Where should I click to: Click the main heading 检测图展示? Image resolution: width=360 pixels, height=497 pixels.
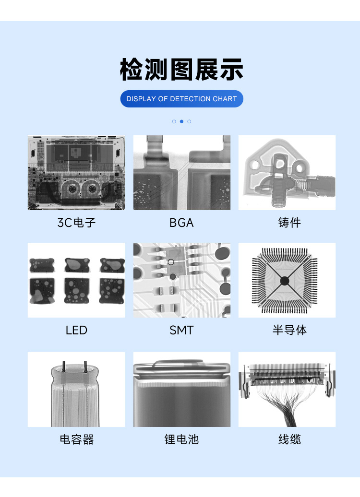181,70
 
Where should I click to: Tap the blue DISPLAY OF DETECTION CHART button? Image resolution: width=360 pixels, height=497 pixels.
181,99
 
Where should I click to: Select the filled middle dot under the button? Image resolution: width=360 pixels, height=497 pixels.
181,121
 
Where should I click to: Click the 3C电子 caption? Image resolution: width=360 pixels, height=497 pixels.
76,223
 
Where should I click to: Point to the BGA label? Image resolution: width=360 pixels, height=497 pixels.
181,223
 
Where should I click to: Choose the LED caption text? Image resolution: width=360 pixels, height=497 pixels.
76,330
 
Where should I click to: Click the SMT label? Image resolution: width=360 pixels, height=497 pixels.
181,330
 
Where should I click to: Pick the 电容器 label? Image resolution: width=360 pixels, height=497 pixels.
76,439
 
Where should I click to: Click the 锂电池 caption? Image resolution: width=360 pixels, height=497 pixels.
181,439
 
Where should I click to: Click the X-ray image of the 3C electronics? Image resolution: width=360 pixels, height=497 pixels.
76,173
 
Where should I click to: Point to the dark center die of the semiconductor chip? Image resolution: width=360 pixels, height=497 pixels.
284,280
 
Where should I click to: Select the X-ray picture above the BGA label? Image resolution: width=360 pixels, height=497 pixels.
181,173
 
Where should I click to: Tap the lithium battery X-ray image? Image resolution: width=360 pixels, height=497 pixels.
181,390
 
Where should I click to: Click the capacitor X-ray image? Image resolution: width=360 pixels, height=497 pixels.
76,390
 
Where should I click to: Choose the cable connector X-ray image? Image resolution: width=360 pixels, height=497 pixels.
287,390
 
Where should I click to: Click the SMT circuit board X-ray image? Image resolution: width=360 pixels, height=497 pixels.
181,280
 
